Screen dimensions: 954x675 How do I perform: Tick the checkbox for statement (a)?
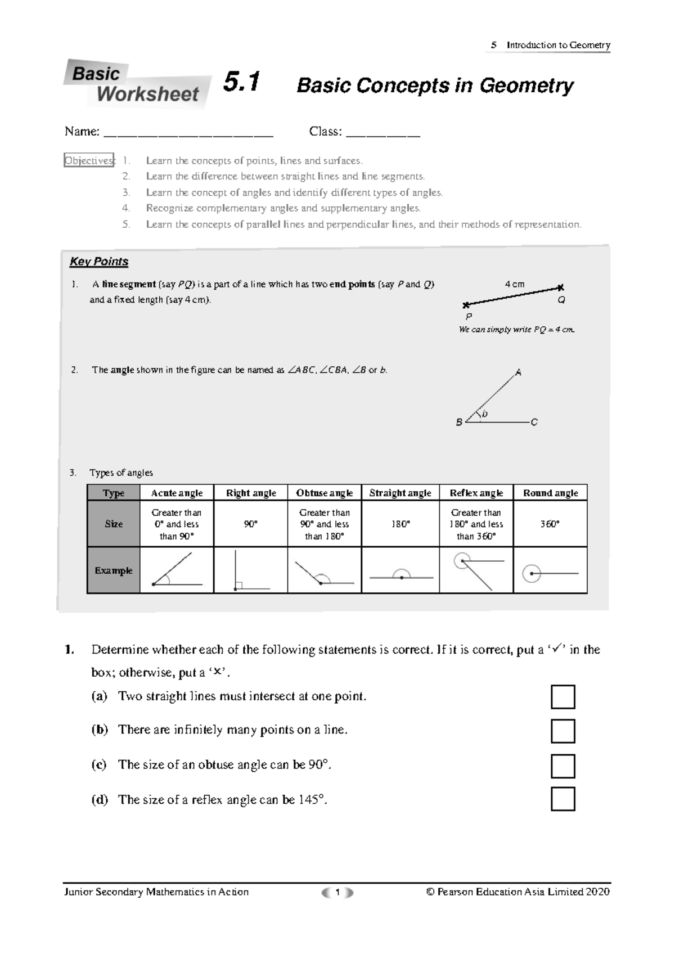tap(562, 697)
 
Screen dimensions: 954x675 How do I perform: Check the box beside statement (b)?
tap(562, 731)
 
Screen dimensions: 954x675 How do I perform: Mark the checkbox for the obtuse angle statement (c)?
tap(562, 766)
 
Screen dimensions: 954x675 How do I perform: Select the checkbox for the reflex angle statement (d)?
tap(562, 799)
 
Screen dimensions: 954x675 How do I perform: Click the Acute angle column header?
tap(177, 493)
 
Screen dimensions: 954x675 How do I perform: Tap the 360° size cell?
tap(550, 524)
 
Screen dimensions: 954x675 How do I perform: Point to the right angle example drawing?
tap(251, 570)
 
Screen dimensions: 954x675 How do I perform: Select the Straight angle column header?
tap(400, 493)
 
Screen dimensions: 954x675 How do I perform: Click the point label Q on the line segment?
tap(561, 300)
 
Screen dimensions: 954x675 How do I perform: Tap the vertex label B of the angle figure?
tap(459, 422)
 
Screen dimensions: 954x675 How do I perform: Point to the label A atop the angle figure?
tap(519, 372)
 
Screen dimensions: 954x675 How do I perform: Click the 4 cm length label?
tap(515, 284)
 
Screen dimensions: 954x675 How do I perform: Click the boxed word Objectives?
tap(89, 160)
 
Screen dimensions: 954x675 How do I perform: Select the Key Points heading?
tap(99, 262)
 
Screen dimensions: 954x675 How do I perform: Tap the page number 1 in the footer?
tap(337, 892)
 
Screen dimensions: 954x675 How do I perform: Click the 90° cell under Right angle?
tap(251, 524)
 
